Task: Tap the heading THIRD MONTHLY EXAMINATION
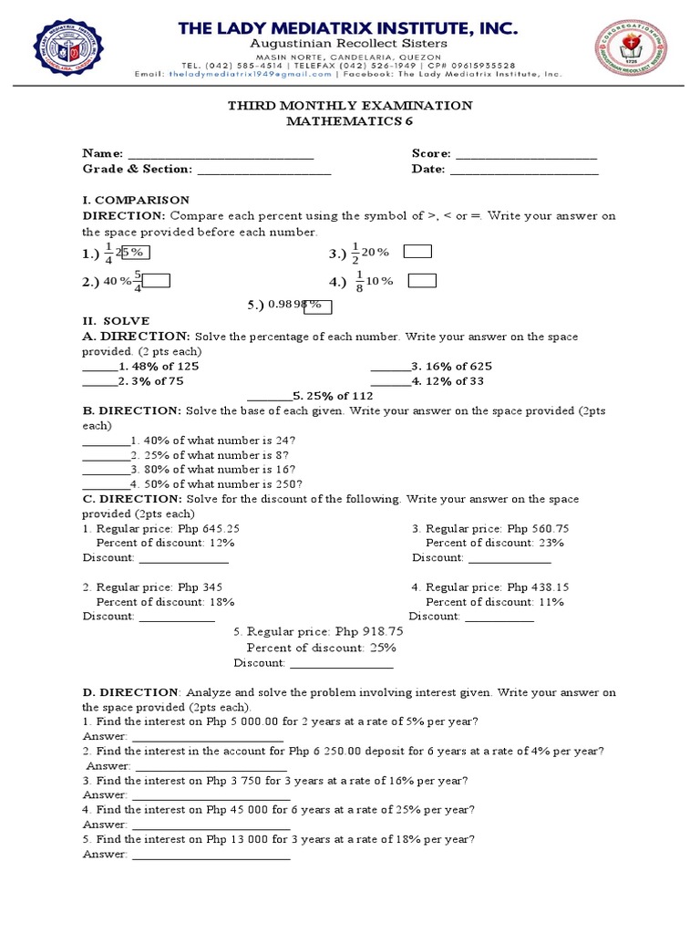pos(349,106)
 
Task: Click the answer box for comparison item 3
pos(418,253)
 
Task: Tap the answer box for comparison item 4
pos(422,281)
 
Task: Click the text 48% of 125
pos(165,367)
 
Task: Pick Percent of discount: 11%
pos(495,602)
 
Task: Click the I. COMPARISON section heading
pos(136,200)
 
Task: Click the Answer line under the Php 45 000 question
pos(210,825)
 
